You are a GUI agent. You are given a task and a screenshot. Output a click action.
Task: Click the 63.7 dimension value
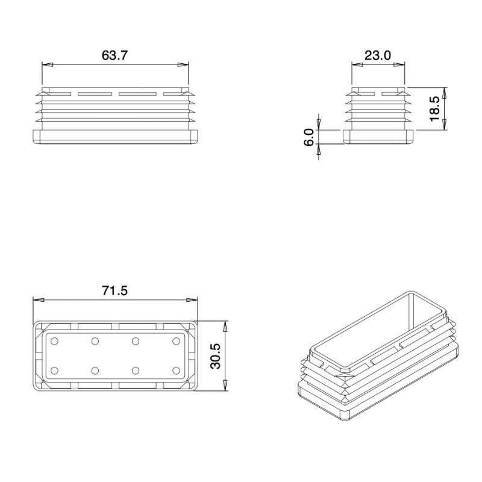(x=114, y=55)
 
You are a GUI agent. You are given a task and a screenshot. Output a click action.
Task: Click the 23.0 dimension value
(x=378, y=55)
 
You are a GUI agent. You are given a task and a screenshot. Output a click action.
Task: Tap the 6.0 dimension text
(x=309, y=137)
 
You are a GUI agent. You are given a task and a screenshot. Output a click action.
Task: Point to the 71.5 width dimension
(x=114, y=291)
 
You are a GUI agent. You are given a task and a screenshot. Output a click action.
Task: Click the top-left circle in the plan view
(x=55, y=342)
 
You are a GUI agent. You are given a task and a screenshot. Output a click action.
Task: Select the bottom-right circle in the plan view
(x=176, y=370)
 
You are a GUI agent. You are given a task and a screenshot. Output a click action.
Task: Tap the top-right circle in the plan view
(x=176, y=342)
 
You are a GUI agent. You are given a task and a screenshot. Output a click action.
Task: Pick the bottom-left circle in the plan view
(x=55, y=370)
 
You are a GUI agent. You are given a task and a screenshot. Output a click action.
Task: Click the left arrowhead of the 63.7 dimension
(x=45, y=64)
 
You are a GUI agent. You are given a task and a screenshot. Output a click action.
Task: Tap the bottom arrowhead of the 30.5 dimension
(x=225, y=388)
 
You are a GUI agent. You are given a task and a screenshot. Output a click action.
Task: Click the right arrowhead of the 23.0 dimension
(x=401, y=64)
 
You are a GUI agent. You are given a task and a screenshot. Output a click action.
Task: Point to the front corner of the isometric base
(x=348, y=416)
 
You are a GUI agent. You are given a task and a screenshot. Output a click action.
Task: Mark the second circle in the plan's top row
(x=95, y=342)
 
